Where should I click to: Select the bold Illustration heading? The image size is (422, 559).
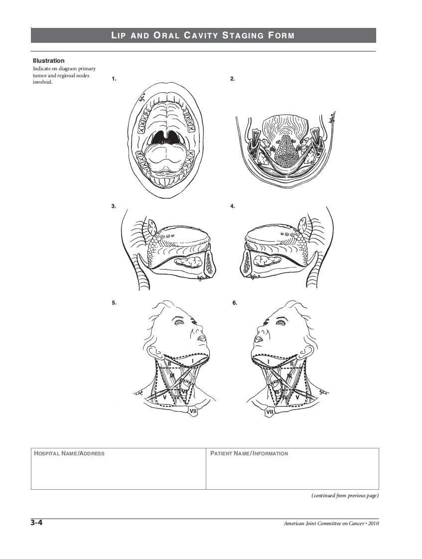click(x=48, y=61)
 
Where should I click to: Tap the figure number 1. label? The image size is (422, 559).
click(x=114, y=79)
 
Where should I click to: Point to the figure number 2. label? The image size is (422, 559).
click(x=233, y=79)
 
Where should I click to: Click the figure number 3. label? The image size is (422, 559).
click(x=114, y=206)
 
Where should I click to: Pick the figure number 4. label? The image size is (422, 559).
click(x=233, y=206)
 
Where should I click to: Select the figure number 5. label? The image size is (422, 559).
click(x=114, y=302)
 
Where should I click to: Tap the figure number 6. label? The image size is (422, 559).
click(x=235, y=302)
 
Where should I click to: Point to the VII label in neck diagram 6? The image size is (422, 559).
click(x=270, y=412)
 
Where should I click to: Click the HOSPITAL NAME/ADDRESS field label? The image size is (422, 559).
click(x=69, y=453)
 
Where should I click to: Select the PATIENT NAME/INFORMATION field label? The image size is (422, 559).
click(x=249, y=453)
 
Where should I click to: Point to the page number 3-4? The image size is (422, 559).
click(x=36, y=523)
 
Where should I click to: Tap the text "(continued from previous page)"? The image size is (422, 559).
click(x=345, y=495)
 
